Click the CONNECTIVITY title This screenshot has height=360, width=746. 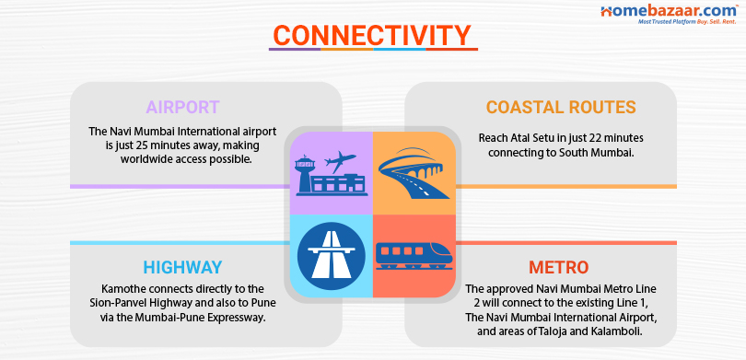pyautogui.click(x=372, y=36)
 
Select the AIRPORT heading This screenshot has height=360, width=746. pyautogui.click(x=182, y=107)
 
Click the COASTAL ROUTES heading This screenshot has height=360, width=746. pyautogui.click(x=561, y=108)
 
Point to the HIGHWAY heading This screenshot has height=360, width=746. pyautogui.click(x=182, y=268)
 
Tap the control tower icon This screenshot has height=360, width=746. pyautogui.click(x=309, y=172)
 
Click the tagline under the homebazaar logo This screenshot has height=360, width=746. pyautogui.click(x=679, y=22)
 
